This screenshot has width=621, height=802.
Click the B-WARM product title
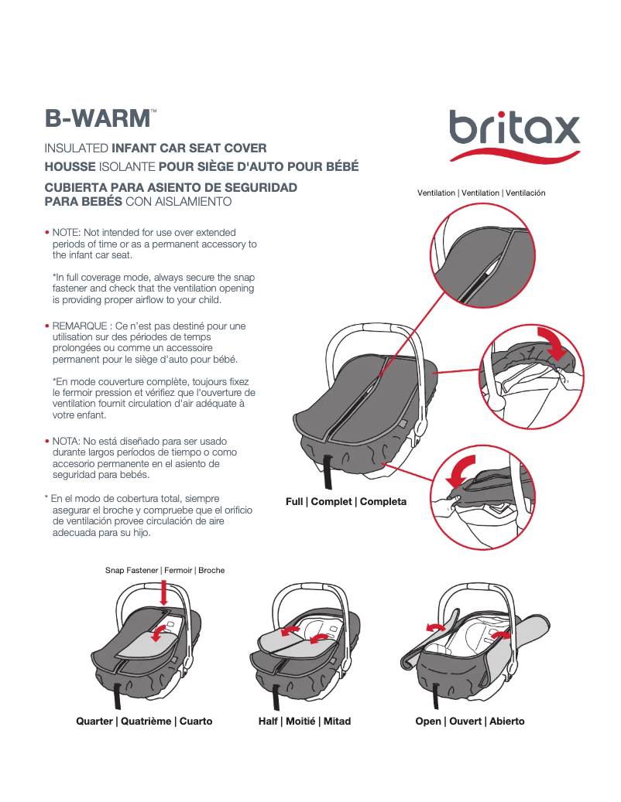(98, 118)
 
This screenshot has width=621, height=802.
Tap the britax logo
(514, 128)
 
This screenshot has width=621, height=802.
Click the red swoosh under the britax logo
(514, 155)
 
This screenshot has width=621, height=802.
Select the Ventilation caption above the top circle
(481, 193)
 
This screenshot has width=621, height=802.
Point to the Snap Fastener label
(165, 570)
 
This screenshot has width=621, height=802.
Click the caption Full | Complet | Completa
(346, 501)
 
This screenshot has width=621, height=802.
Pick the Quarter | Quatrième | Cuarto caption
(144, 721)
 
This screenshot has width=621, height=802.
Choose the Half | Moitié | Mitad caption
(304, 721)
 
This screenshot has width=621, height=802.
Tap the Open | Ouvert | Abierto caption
(470, 721)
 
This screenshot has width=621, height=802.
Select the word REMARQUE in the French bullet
(81, 326)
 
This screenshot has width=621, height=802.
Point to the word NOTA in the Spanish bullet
(67, 441)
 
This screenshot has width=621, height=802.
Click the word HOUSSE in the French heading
(70, 166)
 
